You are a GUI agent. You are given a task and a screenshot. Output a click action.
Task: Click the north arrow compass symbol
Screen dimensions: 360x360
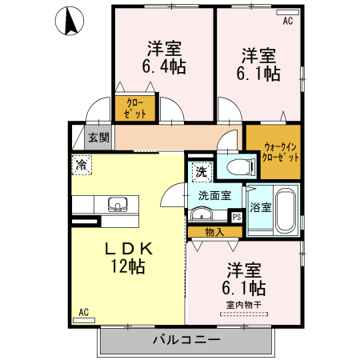pyautogui.click(x=71, y=20)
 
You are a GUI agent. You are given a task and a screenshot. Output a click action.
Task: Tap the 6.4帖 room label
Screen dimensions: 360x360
pyautogui.click(x=164, y=67)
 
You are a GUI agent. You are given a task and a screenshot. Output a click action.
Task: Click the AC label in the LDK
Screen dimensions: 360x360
pyautogui.click(x=82, y=313)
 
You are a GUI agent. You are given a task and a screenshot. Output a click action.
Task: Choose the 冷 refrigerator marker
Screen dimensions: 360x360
pyautogui.click(x=82, y=165)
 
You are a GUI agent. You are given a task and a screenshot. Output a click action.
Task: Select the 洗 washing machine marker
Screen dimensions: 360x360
pyautogui.click(x=201, y=170)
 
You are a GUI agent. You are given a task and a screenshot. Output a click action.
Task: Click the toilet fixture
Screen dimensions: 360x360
pyautogui.click(x=238, y=167)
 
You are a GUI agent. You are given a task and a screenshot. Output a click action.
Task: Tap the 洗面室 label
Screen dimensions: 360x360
pyautogui.click(x=214, y=194)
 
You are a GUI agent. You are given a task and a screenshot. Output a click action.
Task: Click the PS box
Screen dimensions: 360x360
pyautogui.click(x=236, y=216)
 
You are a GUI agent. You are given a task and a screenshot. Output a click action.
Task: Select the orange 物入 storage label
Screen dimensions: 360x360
pyautogui.click(x=214, y=232)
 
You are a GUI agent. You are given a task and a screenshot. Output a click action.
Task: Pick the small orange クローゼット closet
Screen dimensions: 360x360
pyautogui.click(x=135, y=109)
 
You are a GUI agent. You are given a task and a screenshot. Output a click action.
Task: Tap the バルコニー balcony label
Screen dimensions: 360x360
pyautogui.click(x=186, y=341)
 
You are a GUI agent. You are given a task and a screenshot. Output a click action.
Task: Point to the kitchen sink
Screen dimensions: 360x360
pyautogui.click(x=118, y=205)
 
